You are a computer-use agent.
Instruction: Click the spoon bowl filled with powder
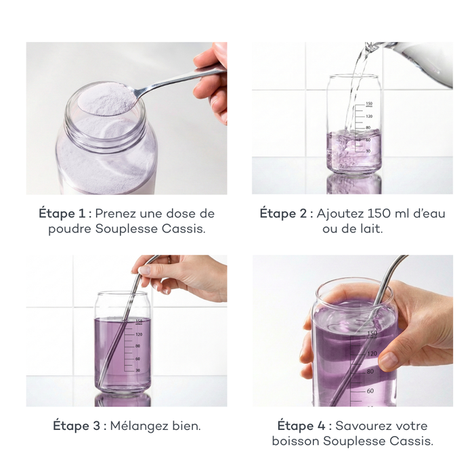pyautogui.click(x=105, y=100)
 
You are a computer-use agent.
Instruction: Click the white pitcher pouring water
pyautogui.click(x=420, y=64)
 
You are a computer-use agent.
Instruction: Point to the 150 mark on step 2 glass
pyautogui.click(x=368, y=104)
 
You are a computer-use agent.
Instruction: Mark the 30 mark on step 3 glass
pyautogui.click(x=138, y=370)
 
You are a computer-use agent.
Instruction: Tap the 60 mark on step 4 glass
pyautogui.click(x=371, y=391)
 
